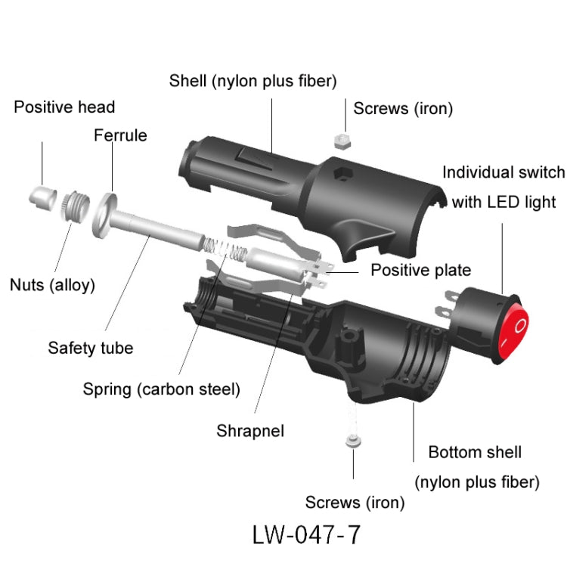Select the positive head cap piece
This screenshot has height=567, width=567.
(x=42, y=197)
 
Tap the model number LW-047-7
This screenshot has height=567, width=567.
(x=307, y=534)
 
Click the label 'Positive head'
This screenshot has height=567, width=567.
(x=64, y=107)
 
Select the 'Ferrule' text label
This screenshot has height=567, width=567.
(x=120, y=136)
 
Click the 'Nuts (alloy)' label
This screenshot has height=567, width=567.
(x=52, y=285)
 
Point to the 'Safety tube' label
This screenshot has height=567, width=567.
(x=90, y=349)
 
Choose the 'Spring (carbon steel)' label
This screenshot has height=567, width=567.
(x=161, y=390)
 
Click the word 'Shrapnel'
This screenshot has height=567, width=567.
(x=250, y=431)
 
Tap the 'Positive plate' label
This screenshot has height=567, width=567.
(x=420, y=270)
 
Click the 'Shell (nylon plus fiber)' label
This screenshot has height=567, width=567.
(x=253, y=80)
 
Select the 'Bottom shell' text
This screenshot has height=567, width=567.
(x=475, y=452)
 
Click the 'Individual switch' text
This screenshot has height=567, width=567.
(x=503, y=172)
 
